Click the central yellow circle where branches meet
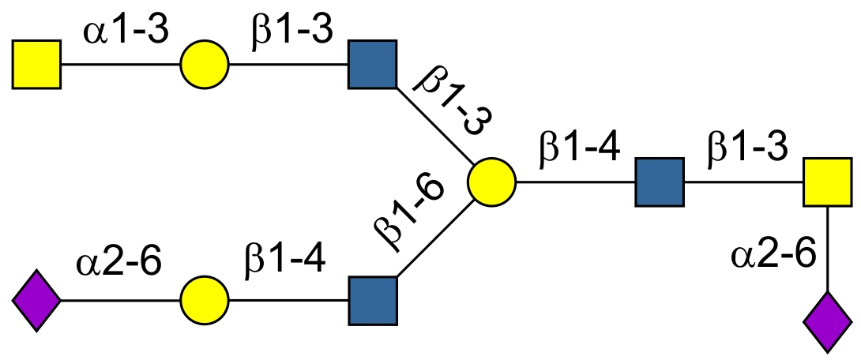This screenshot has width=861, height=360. pos(491,182)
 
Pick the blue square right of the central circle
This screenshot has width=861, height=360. pos(659,182)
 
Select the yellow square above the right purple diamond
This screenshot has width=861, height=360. pos(827,182)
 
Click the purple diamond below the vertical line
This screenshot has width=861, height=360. pos(827,321)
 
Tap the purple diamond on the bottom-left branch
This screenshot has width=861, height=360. pos(37,301)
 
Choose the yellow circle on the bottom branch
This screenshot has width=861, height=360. pos(205,301)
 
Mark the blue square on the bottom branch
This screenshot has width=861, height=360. pos(372,301)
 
